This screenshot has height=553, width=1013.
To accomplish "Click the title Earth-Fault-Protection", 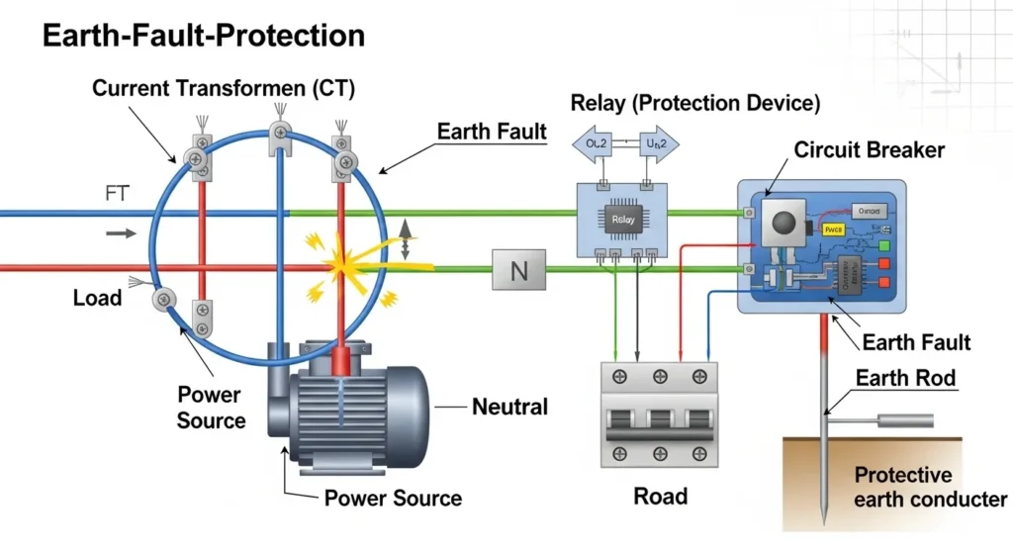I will [x=204, y=37].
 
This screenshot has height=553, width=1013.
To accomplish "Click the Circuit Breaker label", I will [x=869, y=150].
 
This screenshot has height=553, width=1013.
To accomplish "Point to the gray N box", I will [x=518, y=269].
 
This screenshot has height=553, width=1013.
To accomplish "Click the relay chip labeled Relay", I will [x=622, y=221].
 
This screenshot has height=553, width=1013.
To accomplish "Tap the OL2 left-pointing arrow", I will [x=598, y=144].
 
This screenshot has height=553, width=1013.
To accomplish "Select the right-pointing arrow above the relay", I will [x=658, y=144].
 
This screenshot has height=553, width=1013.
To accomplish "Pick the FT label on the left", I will [x=118, y=194].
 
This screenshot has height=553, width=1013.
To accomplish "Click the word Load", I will [x=97, y=297].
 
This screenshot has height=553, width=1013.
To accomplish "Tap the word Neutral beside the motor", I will [x=509, y=406].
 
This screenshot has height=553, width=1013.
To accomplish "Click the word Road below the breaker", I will [x=660, y=495].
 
